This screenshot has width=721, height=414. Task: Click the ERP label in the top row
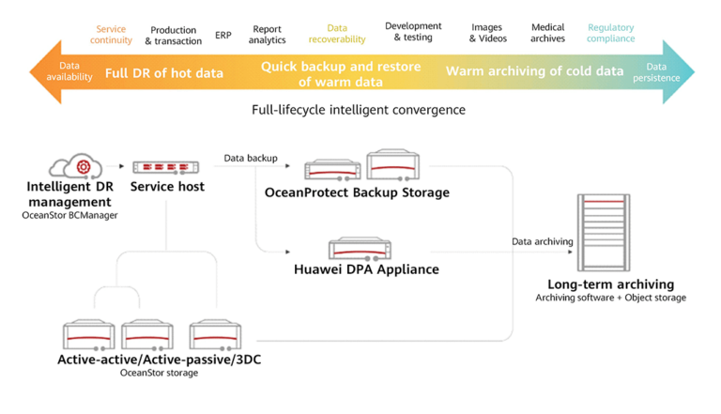223,35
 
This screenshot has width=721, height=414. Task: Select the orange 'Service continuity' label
111,35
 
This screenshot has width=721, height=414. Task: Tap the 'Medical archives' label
547,34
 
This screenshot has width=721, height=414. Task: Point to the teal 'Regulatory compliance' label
610,34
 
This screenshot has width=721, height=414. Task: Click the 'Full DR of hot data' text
164,72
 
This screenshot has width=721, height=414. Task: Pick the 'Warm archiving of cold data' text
534,71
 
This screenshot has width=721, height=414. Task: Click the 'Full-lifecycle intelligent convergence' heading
359,110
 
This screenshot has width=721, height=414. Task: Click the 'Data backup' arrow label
251,159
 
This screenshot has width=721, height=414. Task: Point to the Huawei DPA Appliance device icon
360,250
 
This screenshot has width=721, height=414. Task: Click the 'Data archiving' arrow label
542,241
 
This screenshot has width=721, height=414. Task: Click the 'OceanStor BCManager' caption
70,215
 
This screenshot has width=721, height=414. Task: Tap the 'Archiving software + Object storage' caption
610,298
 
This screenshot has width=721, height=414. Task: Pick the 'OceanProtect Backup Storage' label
358,192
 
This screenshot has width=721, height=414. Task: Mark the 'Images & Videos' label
488,34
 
